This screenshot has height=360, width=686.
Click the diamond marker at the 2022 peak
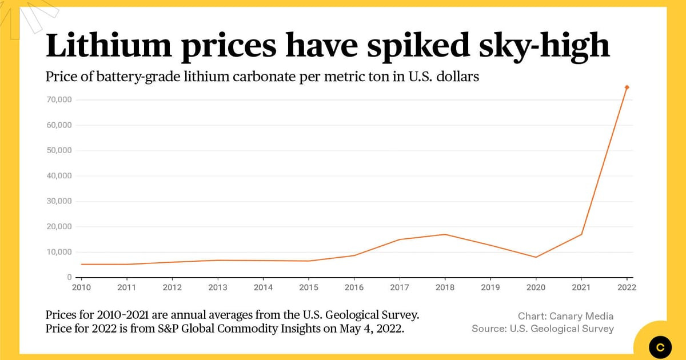627,87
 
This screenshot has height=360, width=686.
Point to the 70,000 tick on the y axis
55,100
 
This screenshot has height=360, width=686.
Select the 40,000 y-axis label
55,176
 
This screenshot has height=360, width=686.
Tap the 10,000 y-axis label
55,252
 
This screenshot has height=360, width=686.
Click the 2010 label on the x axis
81,287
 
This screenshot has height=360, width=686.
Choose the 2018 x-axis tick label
445,287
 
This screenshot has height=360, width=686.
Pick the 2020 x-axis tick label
536,287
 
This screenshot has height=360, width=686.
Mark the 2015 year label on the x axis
309,287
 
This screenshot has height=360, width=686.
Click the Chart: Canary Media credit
565,316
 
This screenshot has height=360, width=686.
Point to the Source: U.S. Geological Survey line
543,329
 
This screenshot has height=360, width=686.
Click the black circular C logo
660,346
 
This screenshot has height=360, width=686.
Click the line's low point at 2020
536,257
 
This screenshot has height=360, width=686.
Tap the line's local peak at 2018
445,234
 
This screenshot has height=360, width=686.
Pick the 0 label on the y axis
69,277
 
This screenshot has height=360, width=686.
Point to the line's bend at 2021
581,234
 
